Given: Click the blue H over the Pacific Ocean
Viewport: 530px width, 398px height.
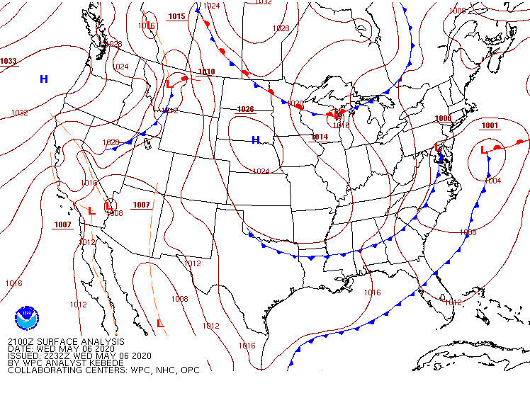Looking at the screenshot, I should coord(44,79).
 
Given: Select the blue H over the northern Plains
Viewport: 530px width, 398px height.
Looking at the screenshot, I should coord(256,140).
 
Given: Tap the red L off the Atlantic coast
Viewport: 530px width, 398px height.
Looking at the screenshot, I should coord(485,150).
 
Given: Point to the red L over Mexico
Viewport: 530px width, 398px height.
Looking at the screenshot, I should coord(160,324).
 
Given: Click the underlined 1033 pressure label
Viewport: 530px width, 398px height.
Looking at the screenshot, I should coord(9,62).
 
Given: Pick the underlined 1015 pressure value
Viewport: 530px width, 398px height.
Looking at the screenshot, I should coord(177,16).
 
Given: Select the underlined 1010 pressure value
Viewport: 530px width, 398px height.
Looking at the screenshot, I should coord(206,72).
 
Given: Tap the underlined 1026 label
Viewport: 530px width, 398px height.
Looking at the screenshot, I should coord(245,109).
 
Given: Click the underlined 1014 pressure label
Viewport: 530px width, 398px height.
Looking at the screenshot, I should coord(320,137).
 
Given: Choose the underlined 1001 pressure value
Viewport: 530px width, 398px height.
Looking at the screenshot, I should coord(490,125).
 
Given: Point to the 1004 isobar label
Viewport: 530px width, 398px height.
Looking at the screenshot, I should coord(493,181).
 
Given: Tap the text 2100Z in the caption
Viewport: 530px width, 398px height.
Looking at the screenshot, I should coord(22,341).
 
